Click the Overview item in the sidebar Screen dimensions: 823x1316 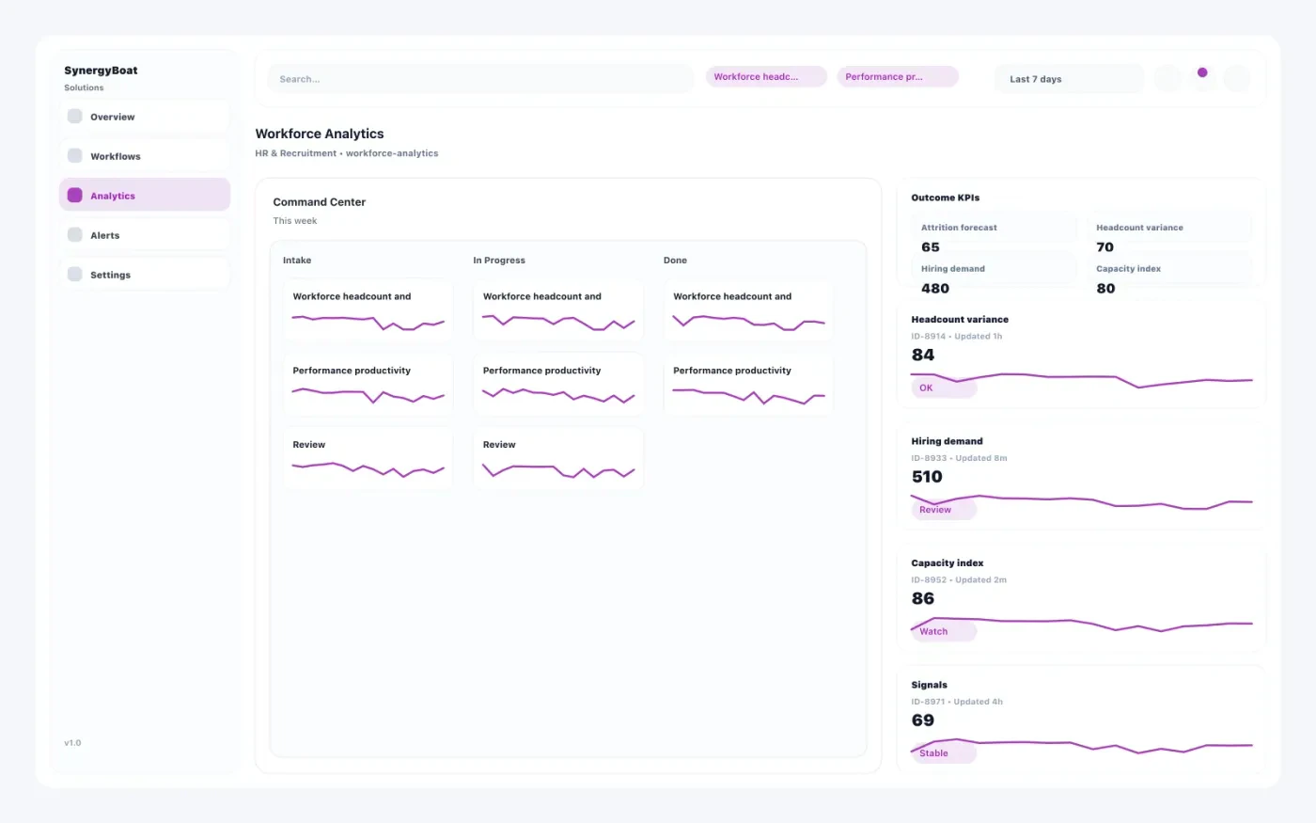pyautogui.click(x=112, y=117)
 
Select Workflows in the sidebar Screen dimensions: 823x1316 pyautogui.click(x=115, y=156)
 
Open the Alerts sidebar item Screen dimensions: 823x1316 pyautogui.click(x=104, y=235)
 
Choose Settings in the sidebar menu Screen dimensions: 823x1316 pyautogui.click(x=110, y=275)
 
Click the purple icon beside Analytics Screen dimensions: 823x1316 pyautogui.click(x=75, y=196)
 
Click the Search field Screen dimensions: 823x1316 pyautogui.click(x=479, y=79)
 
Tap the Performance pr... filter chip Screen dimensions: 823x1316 pyautogui.click(x=897, y=77)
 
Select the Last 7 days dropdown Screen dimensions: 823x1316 pyautogui.click(x=1068, y=79)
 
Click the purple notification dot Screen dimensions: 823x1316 pyautogui.click(x=1202, y=72)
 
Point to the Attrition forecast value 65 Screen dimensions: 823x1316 pyautogui.click(x=931, y=247)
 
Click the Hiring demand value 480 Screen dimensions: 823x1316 pyautogui.click(x=935, y=289)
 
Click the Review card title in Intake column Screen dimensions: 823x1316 pyautogui.click(x=309, y=445)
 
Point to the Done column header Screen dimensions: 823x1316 pyautogui.click(x=675, y=261)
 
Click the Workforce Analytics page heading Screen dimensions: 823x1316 pyautogui.click(x=320, y=134)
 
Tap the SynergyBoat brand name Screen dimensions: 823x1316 pyautogui.click(x=101, y=71)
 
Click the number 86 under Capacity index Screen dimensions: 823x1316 pyautogui.click(x=923, y=598)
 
